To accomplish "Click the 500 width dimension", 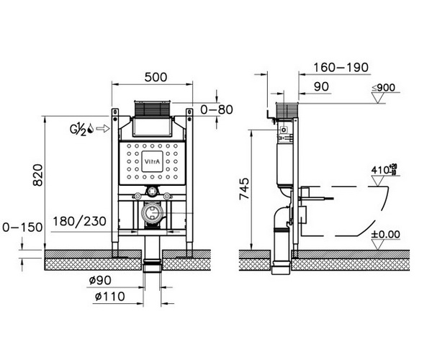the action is click(156, 77).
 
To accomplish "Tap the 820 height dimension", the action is click(37, 175).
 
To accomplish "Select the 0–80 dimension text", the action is click(217, 109).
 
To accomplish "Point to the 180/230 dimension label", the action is click(79, 221).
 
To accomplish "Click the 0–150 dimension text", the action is click(22, 228).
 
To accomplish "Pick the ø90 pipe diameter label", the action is click(100, 280).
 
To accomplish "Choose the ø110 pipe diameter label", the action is click(110, 297).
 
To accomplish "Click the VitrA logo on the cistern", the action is click(152, 162).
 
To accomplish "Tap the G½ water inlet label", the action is click(78, 129).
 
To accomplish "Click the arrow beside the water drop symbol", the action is click(103, 128).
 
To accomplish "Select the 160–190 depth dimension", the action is click(341, 68).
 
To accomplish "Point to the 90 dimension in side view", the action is click(321, 87).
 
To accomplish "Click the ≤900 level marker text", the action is click(384, 88).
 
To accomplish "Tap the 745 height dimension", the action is click(244, 189).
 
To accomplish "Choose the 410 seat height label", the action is click(384, 170).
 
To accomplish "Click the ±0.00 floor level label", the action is click(386, 235).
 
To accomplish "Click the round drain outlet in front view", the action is click(152, 213).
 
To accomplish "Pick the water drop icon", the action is click(91, 129).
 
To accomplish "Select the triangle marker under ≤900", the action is click(378, 98).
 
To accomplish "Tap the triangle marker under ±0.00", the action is click(378, 245).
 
